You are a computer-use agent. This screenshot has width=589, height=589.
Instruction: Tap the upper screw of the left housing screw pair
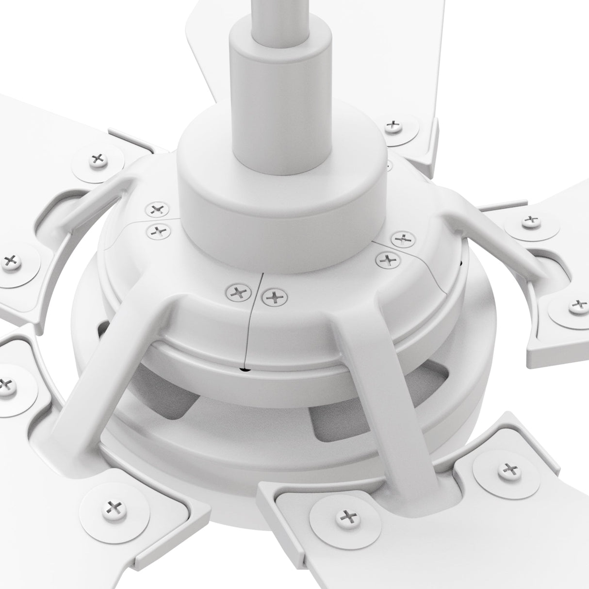(x=156, y=210)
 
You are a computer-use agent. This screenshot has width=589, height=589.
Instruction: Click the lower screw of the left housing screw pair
(x=158, y=231)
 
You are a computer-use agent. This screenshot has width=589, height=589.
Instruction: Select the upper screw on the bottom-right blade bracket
(x=508, y=469)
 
